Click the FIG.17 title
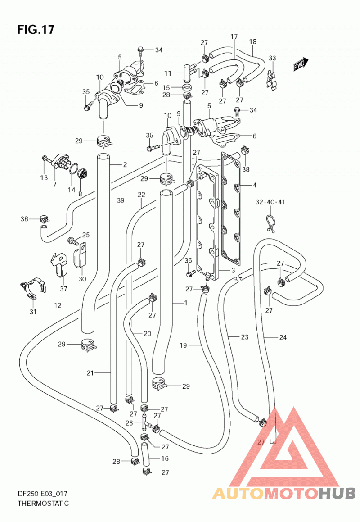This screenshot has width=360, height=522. [36, 30]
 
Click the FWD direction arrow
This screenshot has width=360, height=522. [301, 64]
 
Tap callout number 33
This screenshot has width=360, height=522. [273, 58]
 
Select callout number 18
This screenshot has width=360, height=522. [253, 41]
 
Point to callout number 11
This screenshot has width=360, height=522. [168, 73]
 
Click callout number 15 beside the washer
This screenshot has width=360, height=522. [166, 87]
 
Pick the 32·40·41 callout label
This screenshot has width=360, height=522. [270, 202]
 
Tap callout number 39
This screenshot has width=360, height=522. [121, 200]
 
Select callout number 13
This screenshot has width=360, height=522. [44, 178]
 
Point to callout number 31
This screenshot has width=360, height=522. [33, 312]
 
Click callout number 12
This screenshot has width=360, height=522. [58, 305]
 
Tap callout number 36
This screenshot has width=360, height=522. [188, 260]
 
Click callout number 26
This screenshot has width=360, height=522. [129, 423]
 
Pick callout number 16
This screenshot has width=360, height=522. [165, 458]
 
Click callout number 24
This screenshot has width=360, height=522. [283, 337]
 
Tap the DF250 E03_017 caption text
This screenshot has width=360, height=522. [42, 494]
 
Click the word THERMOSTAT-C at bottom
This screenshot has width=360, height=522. [43, 503]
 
